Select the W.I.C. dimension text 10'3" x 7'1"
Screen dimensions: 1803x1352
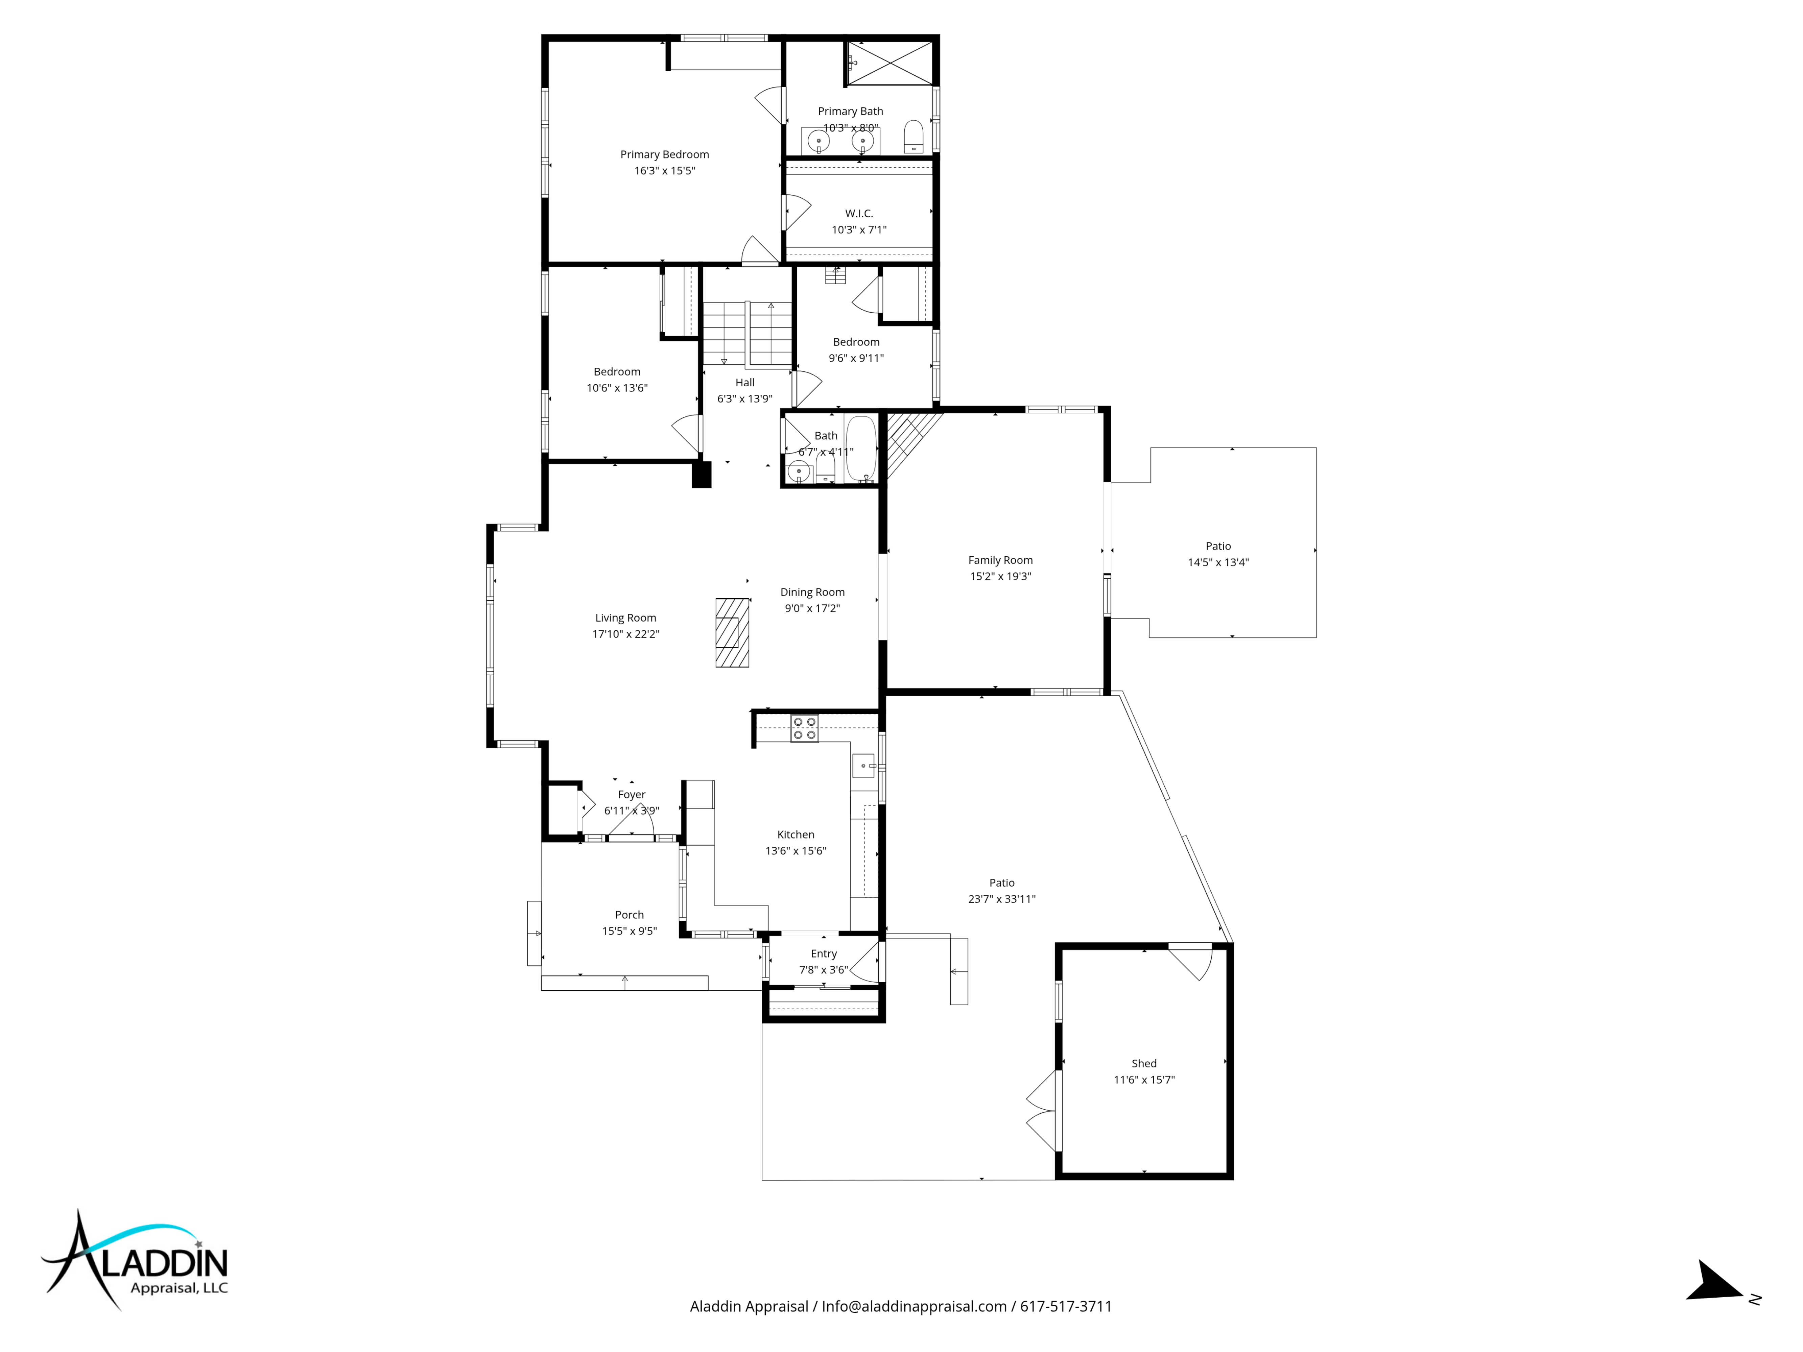859,230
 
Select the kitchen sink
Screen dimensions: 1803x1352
863,766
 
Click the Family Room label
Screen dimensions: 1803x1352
1000,560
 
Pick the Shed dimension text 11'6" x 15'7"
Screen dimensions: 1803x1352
1144,1080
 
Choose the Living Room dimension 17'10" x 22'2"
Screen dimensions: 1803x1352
625,634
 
